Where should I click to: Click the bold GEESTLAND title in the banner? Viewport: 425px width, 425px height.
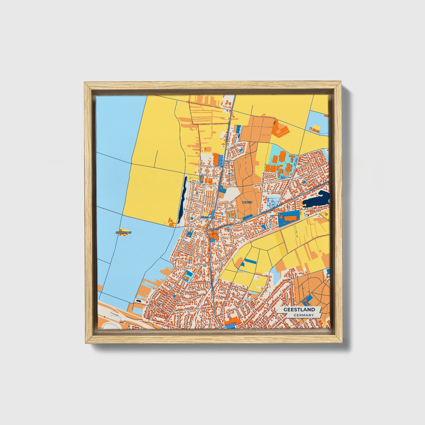point(299,309)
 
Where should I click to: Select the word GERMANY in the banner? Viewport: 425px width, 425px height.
point(303,315)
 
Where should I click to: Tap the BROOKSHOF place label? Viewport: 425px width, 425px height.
point(124,233)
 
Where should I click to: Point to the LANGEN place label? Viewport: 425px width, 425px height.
point(247,202)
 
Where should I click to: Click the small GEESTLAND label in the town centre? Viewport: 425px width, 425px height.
point(208,217)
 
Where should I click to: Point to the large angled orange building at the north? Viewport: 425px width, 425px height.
point(281,129)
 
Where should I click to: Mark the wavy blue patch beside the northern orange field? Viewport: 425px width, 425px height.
point(238,129)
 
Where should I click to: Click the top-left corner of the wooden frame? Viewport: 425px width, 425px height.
point(85,83)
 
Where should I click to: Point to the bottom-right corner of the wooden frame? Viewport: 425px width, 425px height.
point(342,343)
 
